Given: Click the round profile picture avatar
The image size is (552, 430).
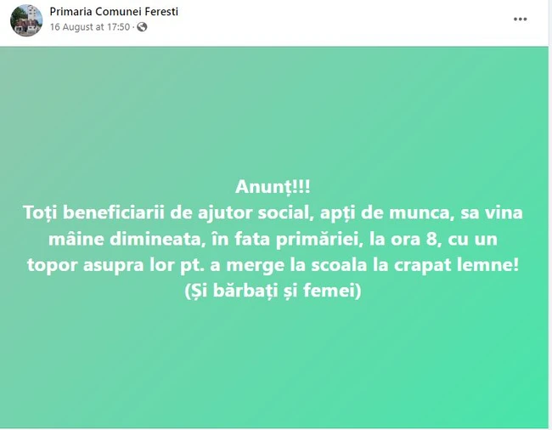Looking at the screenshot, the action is [x=26, y=20].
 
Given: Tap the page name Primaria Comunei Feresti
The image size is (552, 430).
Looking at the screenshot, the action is [x=114, y=12].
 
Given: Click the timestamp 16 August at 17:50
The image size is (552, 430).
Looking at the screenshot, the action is [x=90, y=27].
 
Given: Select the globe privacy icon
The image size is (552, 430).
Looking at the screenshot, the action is [x=142, y=27].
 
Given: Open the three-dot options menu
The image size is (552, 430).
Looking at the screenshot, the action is [x=520, y=20].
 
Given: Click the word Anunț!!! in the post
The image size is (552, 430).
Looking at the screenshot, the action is [x=273, y=187].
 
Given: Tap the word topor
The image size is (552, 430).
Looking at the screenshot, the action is [x=52, y=266].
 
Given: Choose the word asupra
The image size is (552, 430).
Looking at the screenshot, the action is [x=113, y=266].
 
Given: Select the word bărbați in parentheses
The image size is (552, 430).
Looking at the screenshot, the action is [x=244, y=291].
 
